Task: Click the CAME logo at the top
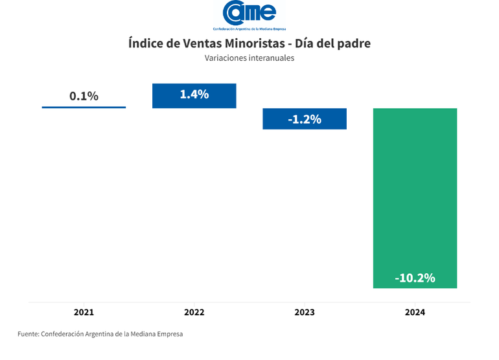(249, 12)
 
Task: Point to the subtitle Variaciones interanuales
(250, 58)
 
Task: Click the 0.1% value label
(84, 96)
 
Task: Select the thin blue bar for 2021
(84, 107)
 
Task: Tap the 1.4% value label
(194, 95)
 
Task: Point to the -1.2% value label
(305, 120)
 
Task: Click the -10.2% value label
(415, 278)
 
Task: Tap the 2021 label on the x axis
(84, 312)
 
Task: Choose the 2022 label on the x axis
(194, 312)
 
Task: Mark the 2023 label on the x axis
(305, 312)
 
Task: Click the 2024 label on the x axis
(415, 312)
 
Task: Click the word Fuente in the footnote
(28, 334)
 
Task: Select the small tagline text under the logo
(250, 29)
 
